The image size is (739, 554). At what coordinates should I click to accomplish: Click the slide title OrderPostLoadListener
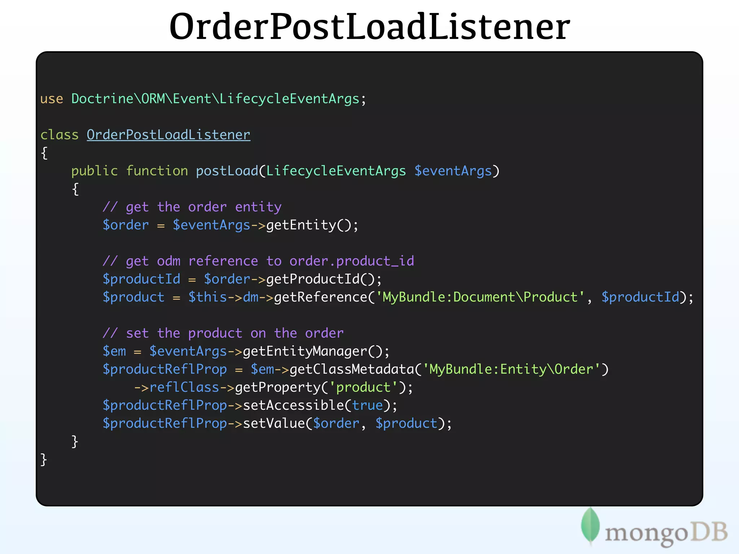coord(369,27)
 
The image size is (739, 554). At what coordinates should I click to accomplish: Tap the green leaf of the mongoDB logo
coord(590,525)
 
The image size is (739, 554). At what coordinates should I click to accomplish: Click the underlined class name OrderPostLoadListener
coord(168,135)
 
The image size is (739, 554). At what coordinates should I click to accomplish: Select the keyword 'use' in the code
coord(52,99)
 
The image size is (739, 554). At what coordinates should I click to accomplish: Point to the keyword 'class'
coord(59,135)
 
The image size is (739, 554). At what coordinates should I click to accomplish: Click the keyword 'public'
coord(95,171)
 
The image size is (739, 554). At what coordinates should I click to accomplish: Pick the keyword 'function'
coord(157,171)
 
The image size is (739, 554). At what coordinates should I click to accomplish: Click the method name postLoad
coord(227,171)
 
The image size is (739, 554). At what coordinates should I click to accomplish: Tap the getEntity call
coord(301,225)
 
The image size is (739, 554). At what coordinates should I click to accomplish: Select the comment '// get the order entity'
coord(192,207)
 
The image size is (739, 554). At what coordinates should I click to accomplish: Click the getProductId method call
coord(313,279)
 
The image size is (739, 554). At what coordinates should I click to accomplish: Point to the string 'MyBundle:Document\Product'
coord(480,297)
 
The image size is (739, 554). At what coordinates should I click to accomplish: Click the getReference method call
coord(320,297)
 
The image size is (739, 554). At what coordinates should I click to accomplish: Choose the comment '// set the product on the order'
coord(223,333)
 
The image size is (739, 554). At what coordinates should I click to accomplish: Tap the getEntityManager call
coord(305,351)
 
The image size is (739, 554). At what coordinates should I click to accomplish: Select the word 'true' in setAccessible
coord(367,405)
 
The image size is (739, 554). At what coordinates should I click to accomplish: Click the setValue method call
coord(274,423)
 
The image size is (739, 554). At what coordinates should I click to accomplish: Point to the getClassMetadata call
coord(352,369)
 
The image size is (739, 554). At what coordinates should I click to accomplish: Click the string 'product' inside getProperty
coord(363,387)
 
